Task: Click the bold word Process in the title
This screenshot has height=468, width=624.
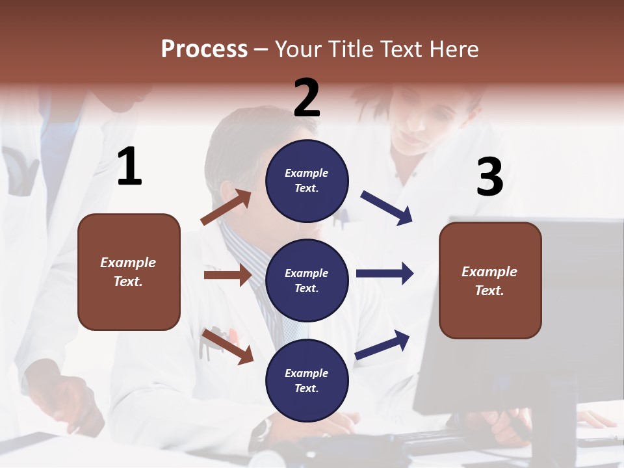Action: [x=204, y=49]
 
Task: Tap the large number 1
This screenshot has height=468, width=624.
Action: [x=129, y=167]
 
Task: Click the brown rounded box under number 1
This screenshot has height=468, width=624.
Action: [x=129, y=272]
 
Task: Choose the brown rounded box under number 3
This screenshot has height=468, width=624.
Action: [x=490, y=280]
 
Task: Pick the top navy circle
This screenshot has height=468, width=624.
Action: [x=307, y=180]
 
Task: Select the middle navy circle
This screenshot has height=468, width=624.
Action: [x=307, y=280]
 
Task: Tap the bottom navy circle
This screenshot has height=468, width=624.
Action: [x=307, y=380]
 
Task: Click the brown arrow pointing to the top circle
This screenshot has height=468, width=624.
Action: [x=226, y=207]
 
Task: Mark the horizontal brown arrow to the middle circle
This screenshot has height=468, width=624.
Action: [x=227, y=275]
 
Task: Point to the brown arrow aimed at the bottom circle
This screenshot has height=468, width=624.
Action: [x=227, y=346]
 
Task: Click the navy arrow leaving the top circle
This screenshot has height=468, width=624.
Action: [x=387, y=208]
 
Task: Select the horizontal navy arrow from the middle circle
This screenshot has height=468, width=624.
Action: [x=384, y=273]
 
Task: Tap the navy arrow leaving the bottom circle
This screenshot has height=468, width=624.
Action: [x=383, y=344]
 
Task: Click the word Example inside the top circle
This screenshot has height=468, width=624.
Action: [x=306, y=173]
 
